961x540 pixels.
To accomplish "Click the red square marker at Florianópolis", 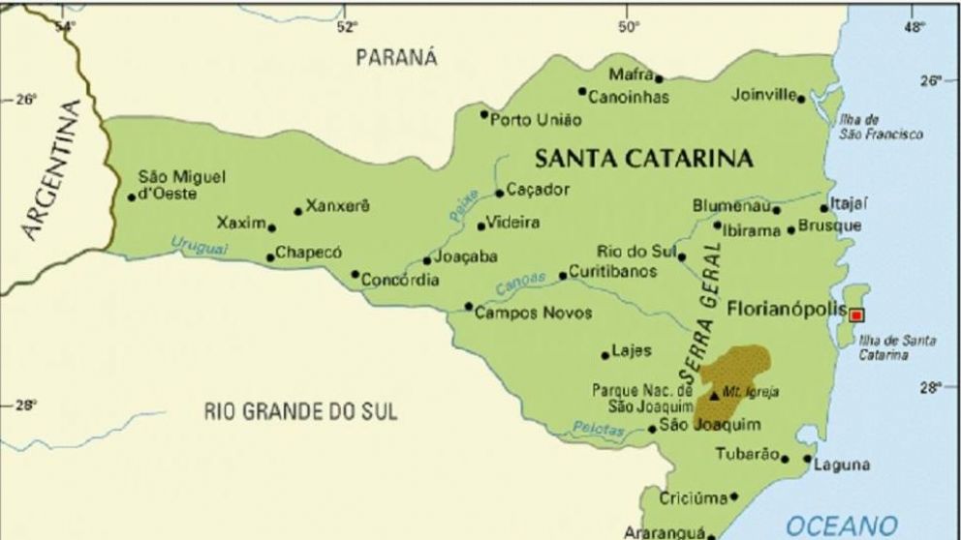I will click(856, 315).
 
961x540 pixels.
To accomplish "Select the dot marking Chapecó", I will click(270, 257).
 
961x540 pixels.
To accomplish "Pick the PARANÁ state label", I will click(396, 58).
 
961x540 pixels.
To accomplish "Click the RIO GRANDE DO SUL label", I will click(300, 411).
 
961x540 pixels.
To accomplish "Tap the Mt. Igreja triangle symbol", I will click(715, 395).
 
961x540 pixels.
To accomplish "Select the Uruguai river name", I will click(200, 246).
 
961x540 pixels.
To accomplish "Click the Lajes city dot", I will click(605, 355).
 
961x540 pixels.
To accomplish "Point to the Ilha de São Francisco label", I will click(878, 127).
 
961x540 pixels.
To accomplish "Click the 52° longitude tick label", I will click(346, 26).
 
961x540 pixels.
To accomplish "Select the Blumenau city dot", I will click(776, 209).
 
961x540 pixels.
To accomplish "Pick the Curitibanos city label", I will click(612, 272).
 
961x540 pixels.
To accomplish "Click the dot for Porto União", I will click(484, 114).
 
